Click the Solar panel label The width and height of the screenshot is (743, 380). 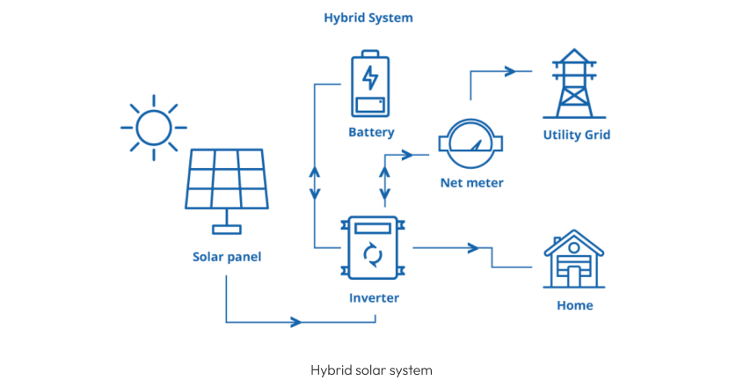click(227, 257)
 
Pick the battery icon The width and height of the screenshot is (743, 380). click(370, 85)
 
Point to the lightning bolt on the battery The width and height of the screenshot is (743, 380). click(370, 77)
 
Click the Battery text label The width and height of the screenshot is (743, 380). click(371, 133)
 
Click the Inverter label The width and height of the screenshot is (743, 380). click(373, 297)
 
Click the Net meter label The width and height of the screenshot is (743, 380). click(472, 183)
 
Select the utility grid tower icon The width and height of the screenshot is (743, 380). click(576, 85)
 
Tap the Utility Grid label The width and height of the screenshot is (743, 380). click(576, 135)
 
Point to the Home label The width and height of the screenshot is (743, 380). click(574, 305)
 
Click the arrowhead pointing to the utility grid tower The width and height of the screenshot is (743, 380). click(511, 71)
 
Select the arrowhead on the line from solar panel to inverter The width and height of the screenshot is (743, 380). click(296, 322)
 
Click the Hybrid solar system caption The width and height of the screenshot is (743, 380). click(371, 369)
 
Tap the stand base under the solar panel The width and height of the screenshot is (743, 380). click(227, 230)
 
